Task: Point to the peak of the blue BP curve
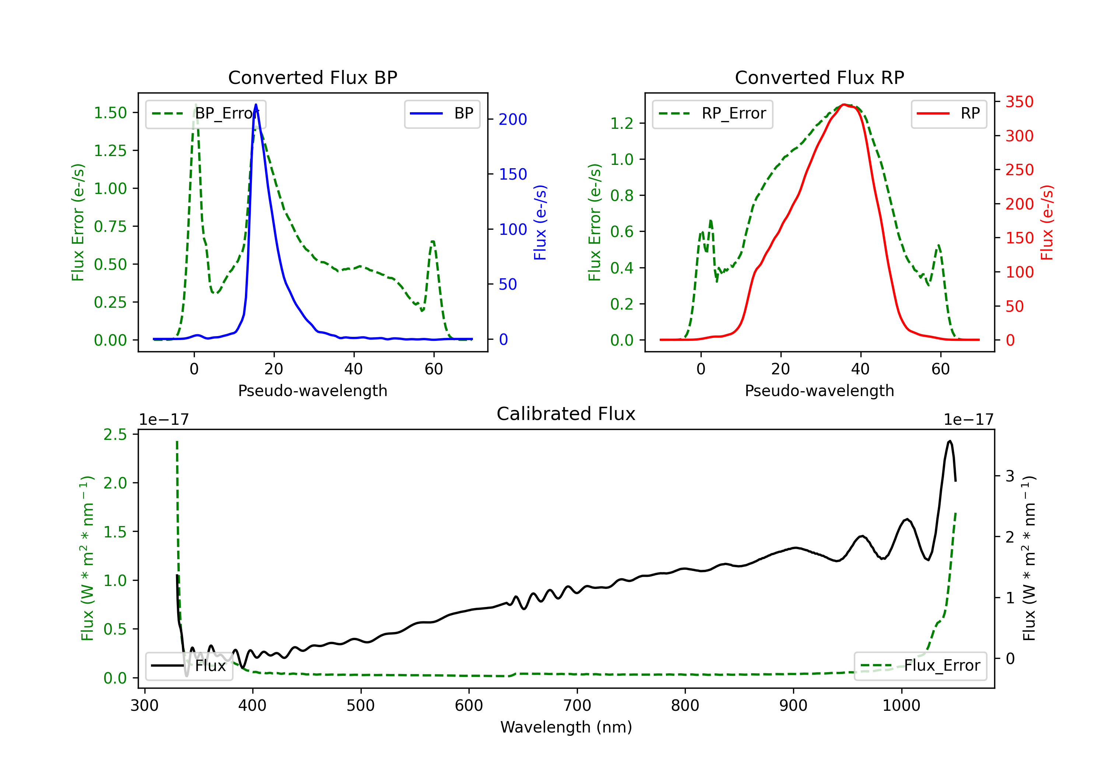pyautogui.click(x=256, y=105)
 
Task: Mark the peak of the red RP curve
pyautogui.click(x=844, y=105)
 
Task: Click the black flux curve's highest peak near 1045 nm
pyautogui.click(x=950, y=441)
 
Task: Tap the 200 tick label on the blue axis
pyautogui.click(x=513, y=119)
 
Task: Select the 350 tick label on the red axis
pyautogui.click(x=1019, y=102)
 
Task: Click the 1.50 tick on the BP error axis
pyautogui.click(x=110, y=113)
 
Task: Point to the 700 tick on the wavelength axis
pyautogui.click(x=577, y=705)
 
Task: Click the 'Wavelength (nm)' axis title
pyautogui.click(x=566, y=727)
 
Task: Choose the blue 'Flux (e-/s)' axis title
pyautogui.click(x=540, y=222)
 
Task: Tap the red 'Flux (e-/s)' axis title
pyautogui.click(x=1047, y=222)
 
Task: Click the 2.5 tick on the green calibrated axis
pyautogui.click(x=115, y=434)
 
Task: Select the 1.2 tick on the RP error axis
pyautogui.click(x=622, y=123)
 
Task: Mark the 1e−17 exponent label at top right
pyautogui.click(x=968, y=420)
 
